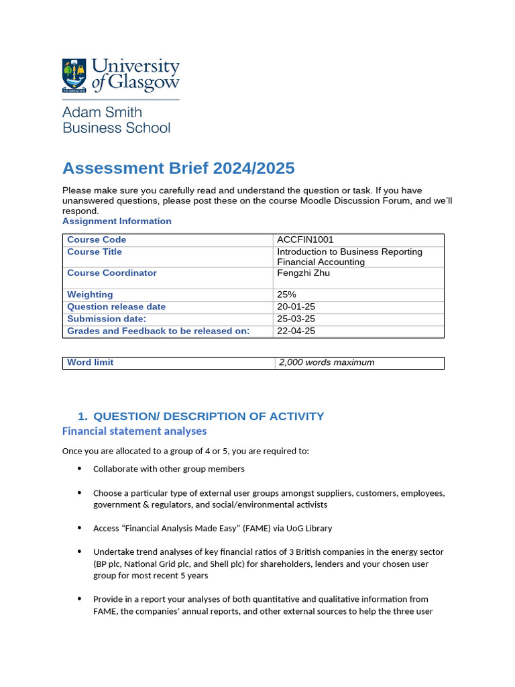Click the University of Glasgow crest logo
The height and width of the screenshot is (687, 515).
point(74,75)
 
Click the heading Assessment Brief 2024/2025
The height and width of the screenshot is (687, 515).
point(178,168)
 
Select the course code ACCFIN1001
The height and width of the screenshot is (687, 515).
point(305,240)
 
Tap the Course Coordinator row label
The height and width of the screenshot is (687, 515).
point(111,272)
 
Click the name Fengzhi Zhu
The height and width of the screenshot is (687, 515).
point(303,272)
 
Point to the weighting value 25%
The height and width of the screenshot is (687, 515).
point(287,295)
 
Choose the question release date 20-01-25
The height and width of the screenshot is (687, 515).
point(295,307)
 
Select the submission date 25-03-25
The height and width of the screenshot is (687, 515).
point(295,319)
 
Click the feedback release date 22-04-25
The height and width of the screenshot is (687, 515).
point(295,331)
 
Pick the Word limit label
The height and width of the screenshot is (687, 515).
point(91,362)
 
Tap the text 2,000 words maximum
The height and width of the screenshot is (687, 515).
point(327,362)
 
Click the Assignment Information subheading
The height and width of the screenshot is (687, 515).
point(117,221)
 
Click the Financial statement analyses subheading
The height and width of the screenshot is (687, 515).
point(134,431)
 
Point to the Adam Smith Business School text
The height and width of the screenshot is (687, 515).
point(116,119)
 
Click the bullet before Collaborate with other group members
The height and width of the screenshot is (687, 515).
point(80,468)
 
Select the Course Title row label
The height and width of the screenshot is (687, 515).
point(95,252)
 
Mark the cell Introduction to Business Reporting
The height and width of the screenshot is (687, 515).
point(349,252)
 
